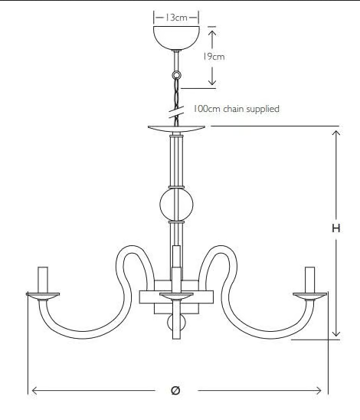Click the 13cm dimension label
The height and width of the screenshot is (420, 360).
175,18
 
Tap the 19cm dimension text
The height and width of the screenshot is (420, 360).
214,57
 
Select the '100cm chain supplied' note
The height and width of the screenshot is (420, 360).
236,109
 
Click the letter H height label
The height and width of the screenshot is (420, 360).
336,228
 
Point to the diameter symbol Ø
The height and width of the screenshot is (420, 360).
175,390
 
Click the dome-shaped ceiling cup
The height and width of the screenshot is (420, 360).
176,38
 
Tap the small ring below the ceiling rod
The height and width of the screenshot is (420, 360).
176,75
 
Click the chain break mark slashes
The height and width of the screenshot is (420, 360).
176,112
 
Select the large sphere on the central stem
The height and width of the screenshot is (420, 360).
176,205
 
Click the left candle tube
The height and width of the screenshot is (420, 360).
43,280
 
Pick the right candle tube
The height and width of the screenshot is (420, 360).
310,280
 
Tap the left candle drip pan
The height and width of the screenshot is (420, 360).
43,297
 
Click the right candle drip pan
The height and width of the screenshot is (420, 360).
310,297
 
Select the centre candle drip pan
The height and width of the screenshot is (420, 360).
176,297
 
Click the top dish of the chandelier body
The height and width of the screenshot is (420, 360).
176,129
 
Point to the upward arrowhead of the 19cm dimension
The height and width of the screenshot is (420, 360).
212,33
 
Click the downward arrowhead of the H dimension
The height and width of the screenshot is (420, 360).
336,333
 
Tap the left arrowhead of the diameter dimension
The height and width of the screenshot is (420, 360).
34,391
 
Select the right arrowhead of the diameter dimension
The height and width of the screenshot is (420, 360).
318,391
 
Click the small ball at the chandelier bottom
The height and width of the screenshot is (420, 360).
176,323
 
